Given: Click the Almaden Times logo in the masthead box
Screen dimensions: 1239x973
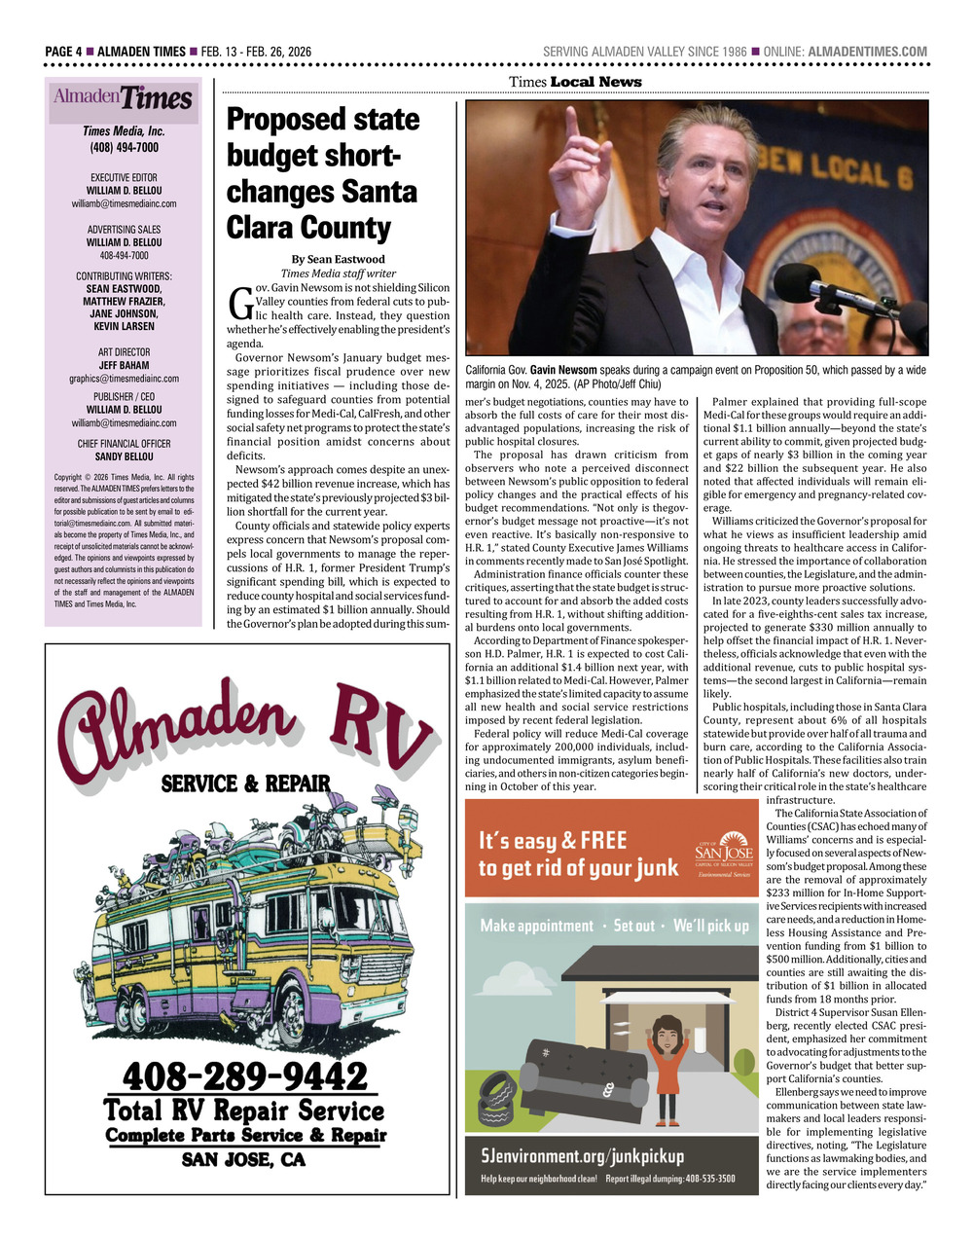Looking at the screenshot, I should pos(123,98).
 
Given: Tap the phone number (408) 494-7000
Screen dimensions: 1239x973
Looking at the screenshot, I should pos(124,148).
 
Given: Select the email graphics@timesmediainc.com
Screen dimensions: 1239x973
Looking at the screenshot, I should pos(124,378).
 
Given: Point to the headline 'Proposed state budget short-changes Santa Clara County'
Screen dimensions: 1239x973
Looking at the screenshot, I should pos(323,173).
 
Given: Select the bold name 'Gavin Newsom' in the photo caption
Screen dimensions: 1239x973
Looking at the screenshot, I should pos(563,371).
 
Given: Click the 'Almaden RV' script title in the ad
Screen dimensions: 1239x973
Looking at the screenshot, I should pos(245,722).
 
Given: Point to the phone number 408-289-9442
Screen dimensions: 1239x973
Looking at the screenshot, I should pos(245,1076).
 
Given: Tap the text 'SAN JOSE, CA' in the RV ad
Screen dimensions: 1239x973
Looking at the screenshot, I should pos(244,1160).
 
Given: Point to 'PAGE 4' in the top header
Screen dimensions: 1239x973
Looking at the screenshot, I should pos(63,52).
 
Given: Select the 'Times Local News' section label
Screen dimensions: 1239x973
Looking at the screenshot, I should pos(575,82).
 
